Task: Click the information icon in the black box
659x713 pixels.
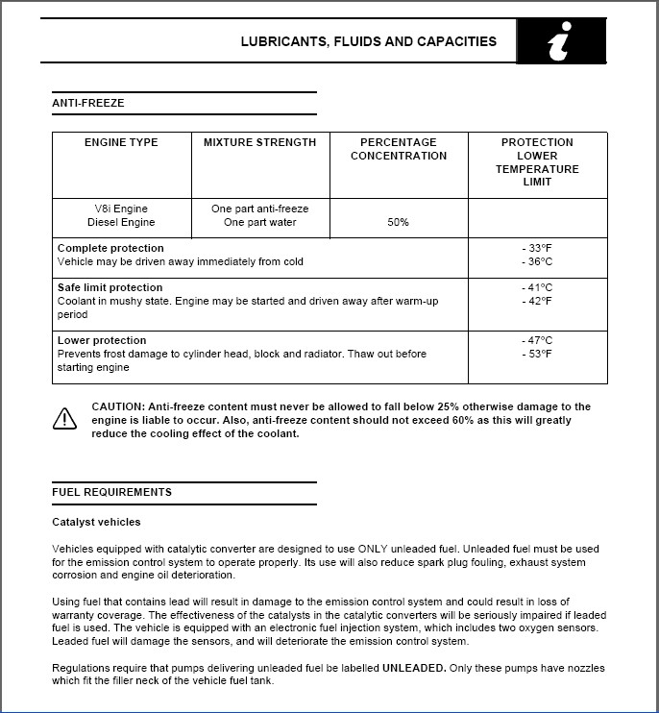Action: pyautogui.click(x=561, y=43)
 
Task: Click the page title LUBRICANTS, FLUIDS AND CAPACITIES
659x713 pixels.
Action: pyautogui.click(x=368, y=42)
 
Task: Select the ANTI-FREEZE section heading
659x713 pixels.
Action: pyautogui.click(x=88, y=103)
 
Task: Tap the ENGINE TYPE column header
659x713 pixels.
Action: pyautogui.click(x=121, y=142)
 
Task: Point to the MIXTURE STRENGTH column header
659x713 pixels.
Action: pyautogui.click(x=259, y=142)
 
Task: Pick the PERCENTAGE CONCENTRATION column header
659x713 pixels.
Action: pyautogui.click(x=399, y=149)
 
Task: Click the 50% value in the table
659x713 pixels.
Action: pyautogui.click(x=399, y=222)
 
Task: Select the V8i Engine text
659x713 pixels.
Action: pyautogui.click(x=121, y=209)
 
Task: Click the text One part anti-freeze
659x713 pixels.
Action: pyautogui.click(x=259, y=209)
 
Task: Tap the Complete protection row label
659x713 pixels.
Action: pyautogui.click(x=110, y=248)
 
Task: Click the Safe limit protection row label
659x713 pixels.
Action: pyautogui.click(x=110, y=287)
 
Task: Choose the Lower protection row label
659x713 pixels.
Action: pyautogui.click(x=102, y=340)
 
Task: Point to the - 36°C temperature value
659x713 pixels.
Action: pyautogui.click(x=537, y=261)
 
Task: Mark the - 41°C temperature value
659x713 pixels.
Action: pyautogui.click(x=537, y=287)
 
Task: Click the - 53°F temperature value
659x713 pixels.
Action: pyautogui.click(x=537, y=354)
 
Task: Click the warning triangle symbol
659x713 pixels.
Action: pyautogui.click(x=64, y=418)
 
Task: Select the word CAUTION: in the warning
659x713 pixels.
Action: pyautogui.click(x=120, y=407)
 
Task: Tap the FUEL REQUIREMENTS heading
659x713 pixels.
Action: pyautogui.click(x=112, y=492)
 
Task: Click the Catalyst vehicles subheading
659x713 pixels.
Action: pyautogui.click(x=96, y=522)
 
